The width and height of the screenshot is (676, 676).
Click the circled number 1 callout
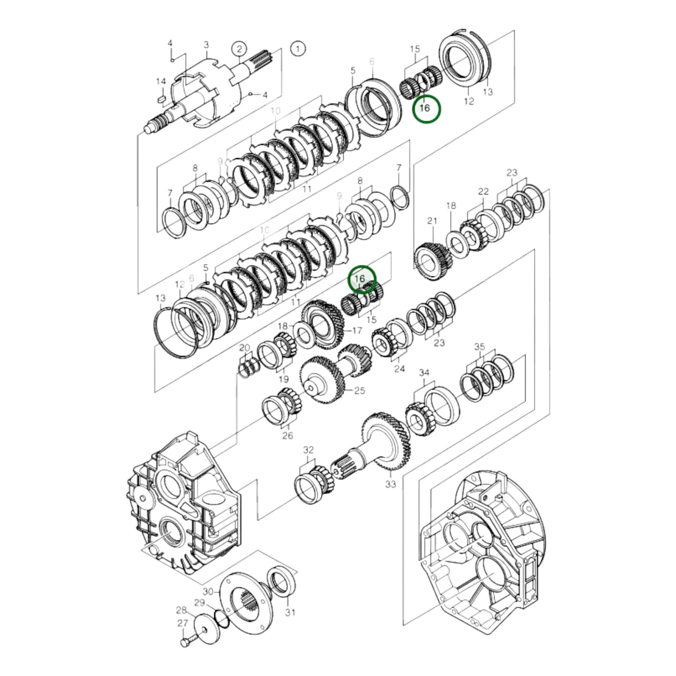pyautogui.click(x=298, y=48)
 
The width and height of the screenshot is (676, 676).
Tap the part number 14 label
pyautogui.click(x=161, y=81)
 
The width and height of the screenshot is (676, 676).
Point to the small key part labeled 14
pyautogui.click(x=161, y=99)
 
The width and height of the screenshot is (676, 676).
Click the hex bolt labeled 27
pyautogui.click(x=185, y=643)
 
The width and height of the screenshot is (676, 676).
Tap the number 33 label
pyautogui.click(x=390, y=484)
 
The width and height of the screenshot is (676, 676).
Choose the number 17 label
pyautogui.click(x=357, y=331)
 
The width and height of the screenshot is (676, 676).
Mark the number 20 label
pyautogui.click(x=245, y=348)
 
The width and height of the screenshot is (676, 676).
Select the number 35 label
pyautogui.click(x=480, y=347)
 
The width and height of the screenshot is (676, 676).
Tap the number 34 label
pyautogui.click(x=424, y=372)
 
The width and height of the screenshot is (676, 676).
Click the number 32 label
pyautogui.click(x=308, y=450)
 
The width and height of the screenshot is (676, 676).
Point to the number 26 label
pyautogui.click(x=287, y=436)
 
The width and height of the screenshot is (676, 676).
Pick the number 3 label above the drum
pyautogui.click(x=206, y=45)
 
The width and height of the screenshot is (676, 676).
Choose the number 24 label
pyautogui.click(x=399, y=369)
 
